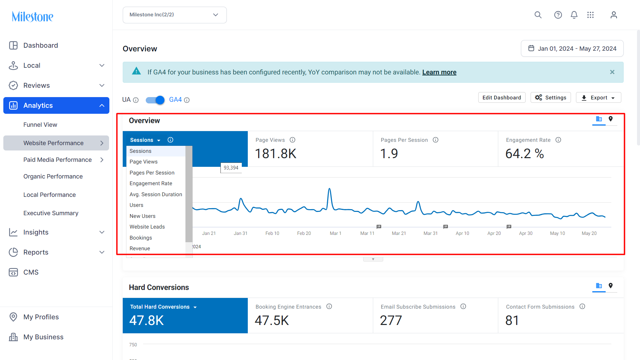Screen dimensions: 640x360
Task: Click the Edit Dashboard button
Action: (x=502, y=97)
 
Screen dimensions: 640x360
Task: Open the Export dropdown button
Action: (x=598, y=97)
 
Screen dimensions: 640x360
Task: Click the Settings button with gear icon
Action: (x=551, y=97)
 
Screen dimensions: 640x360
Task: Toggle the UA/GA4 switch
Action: (x=155, y=100)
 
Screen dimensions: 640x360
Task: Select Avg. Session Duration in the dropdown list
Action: (x=156, y=194)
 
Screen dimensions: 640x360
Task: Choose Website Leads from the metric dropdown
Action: (x=147, y=227)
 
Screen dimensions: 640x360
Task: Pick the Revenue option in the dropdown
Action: (x=140, y=249)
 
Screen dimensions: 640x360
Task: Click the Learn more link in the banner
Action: (x=439, y=72)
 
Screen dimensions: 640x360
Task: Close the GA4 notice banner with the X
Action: (x=612, y=72)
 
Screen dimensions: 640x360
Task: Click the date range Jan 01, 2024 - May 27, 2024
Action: (x=572, y=49)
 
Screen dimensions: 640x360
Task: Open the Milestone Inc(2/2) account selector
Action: (x=174, y=15)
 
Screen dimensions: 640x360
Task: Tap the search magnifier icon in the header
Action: (x=538, y=15)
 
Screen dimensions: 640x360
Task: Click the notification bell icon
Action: (x=574, y=15)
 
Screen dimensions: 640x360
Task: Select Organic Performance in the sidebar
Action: (x=53, y=176)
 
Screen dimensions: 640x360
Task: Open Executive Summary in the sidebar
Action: (x=51, y=213)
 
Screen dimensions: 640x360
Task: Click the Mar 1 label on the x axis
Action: (x=336, y=233)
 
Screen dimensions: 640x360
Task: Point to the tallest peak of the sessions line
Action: (x=329, y=189)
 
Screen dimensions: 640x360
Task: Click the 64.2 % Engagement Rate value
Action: (x=524, y=154)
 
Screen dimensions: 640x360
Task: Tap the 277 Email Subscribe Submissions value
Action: (x=391, y=321)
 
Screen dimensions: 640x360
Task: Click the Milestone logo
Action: (x=32, y=16)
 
